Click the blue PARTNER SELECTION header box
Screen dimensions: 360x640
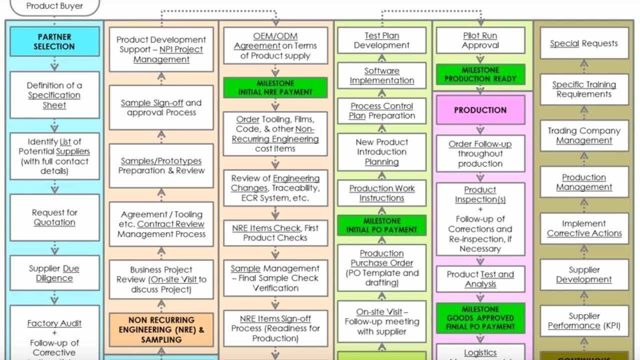[x=54, y=41]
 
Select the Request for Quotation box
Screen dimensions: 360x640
[x=54, y=217]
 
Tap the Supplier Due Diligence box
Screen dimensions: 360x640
[x=54, y=273]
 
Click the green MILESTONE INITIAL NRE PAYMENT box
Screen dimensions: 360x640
[x=275, y=87]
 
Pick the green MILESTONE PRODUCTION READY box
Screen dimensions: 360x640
[x=480, y=74]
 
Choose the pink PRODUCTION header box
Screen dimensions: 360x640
[x=480, y=110]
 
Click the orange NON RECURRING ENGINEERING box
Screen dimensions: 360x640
[x=161, y=330]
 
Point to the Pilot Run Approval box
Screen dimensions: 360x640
[x=480, y=40]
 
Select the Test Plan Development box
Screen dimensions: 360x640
[x=381, y=40]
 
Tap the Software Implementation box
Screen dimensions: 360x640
[x=381, y=75]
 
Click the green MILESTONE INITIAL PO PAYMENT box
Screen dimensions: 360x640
[x=381, y=225]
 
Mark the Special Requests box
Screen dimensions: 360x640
[x=583, y=43]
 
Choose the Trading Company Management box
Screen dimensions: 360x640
[x=583, y=135]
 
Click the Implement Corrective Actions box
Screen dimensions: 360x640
[x=583, y=228]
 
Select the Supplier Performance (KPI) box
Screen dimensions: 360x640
[x=583, y=321]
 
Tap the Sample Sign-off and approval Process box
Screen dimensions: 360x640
[x=161, y=107]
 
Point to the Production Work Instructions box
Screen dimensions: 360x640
[x=381, y=193]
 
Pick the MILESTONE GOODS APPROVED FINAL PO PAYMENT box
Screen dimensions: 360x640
[x=480, y=318]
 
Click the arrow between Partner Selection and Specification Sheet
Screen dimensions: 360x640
[x=54, y=64]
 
